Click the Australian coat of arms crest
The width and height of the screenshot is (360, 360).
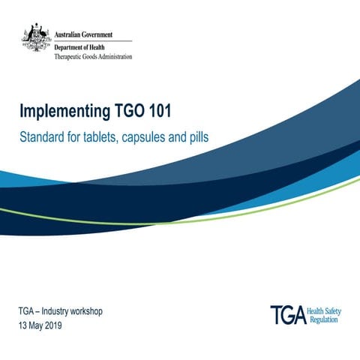pyautogui.click(x=35, y=36)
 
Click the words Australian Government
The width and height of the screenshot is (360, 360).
pyautogui.click(x=84, y=34)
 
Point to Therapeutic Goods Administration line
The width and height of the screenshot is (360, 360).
pyautogui.click(x=94, y=57)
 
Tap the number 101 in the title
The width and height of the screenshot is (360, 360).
pyautogui.click(x=158, y=112)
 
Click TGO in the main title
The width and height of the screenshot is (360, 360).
pyautogui.click(x=127, y=112)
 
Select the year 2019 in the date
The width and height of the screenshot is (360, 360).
pyautogui.click(x=52, y=326)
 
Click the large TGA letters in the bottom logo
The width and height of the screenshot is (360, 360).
pyautogui.click(x=289, y=315)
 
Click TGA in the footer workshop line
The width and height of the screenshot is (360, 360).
pyautogui.click(x=25, y=311)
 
